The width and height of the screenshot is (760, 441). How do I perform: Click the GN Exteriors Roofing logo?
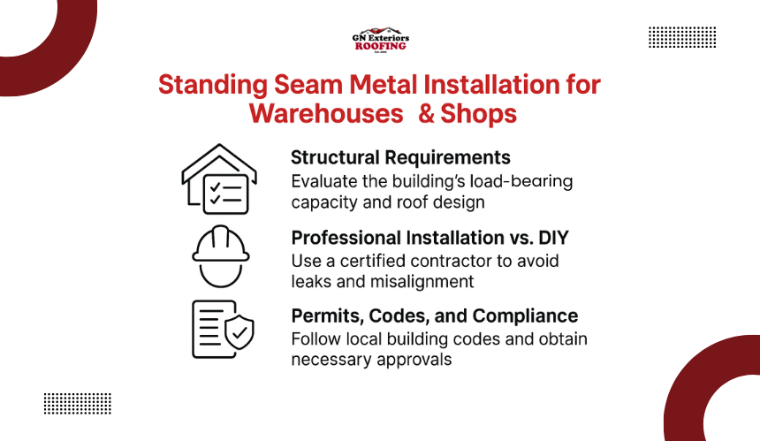pos(381,40)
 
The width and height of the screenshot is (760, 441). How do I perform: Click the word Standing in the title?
pos(213,85)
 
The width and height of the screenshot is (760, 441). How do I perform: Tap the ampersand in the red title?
pos(426,113)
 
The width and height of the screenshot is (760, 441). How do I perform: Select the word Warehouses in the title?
pos(326,113)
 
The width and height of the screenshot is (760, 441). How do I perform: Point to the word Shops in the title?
pos(478,114)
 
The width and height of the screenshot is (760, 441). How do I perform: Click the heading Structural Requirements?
pos(400,157)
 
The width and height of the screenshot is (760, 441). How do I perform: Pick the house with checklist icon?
pos(219,179)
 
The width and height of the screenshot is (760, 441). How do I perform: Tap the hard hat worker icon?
pos(221,256)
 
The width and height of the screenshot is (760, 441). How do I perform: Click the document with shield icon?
pos(223,330)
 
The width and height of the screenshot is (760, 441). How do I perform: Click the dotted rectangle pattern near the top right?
pos(682,37)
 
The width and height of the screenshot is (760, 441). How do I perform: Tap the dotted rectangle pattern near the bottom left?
pos(78,404)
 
